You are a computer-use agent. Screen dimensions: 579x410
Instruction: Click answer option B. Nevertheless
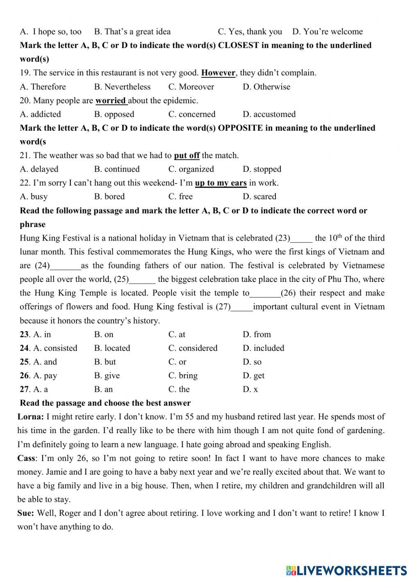click(122, 87)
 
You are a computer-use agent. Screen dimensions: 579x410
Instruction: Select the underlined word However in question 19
click(218, 73)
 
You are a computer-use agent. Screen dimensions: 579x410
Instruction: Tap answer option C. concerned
click(191, 114)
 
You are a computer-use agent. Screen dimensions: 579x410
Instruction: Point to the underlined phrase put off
click(187, 155)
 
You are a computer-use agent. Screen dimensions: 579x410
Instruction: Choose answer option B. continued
click(117, 169)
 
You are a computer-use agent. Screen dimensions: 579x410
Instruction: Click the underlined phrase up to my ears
click(221, 183)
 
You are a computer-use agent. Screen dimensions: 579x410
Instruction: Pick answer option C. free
click(180, 197)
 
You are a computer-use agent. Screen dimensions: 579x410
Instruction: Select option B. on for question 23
click(104, 334)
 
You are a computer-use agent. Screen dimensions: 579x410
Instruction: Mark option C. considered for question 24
click(193, 348)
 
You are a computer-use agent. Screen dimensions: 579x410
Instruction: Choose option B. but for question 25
click(105, 362)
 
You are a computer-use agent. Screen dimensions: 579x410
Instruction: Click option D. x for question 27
click(250, 389)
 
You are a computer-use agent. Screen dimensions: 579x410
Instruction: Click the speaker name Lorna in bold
click(30, 417)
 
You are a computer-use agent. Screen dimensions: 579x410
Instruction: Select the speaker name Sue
click(25, 513)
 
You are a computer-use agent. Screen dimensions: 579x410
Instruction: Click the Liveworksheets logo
click(346, 570)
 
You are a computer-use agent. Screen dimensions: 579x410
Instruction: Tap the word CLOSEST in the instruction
click(238, 45)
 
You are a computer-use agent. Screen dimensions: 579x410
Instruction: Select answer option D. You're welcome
click(327, 32)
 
